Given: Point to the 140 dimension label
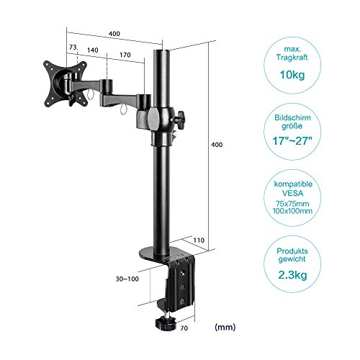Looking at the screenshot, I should point(94,52).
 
